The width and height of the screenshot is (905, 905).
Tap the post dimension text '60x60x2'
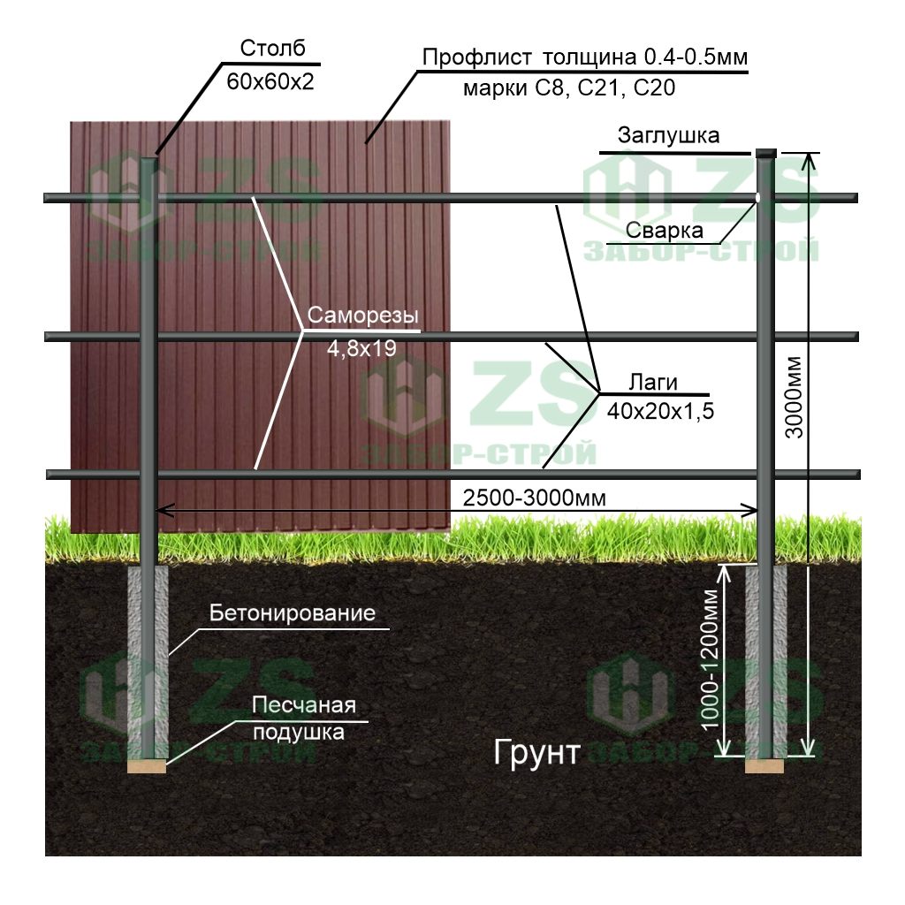(270, 82)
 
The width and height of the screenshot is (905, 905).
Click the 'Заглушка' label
(668, 136)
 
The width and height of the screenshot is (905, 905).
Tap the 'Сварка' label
(665, 232)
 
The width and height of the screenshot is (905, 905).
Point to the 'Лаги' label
(653, 382)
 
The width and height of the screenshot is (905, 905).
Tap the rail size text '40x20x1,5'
(660, 411)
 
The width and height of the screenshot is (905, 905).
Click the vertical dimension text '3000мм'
(795, 398)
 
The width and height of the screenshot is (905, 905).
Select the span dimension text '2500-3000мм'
(535, 498)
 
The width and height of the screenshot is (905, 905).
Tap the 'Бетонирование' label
(293, 613)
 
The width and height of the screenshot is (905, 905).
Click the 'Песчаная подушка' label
(303, 719)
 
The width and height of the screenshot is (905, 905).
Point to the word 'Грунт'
(536, 753)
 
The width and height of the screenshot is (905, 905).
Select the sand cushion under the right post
(764, 765)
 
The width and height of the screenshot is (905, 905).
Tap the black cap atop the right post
(766, 153)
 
